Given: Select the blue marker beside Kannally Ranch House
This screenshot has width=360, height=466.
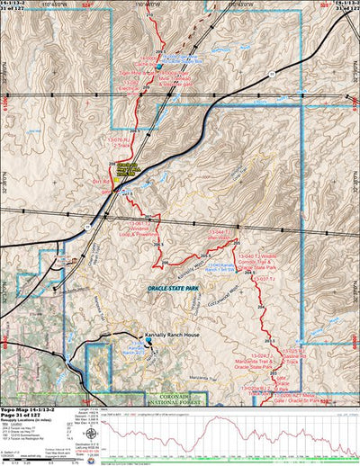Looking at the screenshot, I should (x=149, y=340).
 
